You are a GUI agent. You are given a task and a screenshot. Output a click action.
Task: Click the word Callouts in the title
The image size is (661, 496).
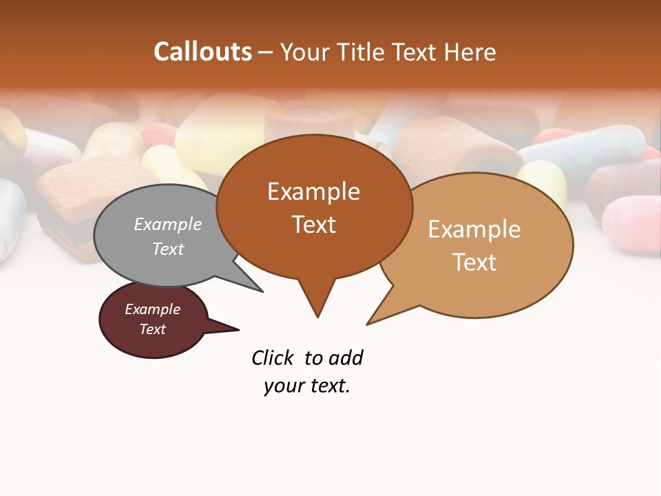[202, 52]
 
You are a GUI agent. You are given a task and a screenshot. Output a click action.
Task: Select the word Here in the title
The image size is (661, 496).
[469, 52]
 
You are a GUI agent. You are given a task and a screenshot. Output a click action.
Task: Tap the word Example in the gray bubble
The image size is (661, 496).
[168, 224]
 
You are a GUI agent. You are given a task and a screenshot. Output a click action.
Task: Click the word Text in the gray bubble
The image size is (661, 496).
[168, 249]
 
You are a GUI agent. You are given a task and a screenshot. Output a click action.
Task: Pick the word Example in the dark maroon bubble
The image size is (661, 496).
[152, 309]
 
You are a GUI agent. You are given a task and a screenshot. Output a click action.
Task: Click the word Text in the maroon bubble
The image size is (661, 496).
[152, 329]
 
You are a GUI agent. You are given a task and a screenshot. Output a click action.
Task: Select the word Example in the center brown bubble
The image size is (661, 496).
[313, 192]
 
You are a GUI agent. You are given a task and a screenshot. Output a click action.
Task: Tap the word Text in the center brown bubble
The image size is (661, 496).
[313, 225]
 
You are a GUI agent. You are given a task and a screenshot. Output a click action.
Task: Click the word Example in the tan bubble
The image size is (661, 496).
[474, 229]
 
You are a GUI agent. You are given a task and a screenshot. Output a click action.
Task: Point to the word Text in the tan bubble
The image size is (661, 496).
[474, 262]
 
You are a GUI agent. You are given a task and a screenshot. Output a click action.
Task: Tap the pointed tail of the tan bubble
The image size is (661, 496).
[375, 319]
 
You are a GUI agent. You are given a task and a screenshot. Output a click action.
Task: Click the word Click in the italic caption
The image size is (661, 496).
[272, 358]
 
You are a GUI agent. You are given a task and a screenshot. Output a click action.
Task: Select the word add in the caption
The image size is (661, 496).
[345, 358]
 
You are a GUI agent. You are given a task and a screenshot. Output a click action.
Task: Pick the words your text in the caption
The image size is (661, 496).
[307, 386]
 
